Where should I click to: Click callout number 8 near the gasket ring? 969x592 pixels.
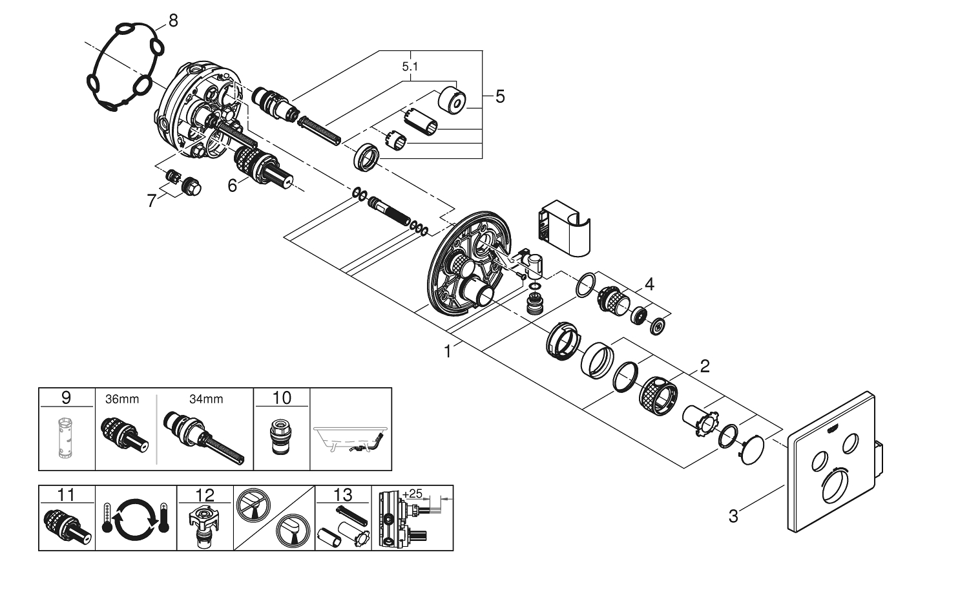[172, 21]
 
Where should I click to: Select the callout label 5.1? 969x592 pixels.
[410, 66]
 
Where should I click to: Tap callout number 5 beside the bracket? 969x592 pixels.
[500, 98]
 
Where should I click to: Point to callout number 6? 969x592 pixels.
[233, 185]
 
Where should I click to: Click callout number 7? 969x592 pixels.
[152, 201]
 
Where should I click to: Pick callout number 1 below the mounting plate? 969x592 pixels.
[447, 352]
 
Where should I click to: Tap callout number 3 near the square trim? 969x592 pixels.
[733, 516]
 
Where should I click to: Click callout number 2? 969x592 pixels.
[705, 366]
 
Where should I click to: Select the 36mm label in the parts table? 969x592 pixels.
[122, 399]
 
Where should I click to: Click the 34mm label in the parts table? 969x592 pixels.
[206, 399]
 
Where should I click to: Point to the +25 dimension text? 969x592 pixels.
[412, 494]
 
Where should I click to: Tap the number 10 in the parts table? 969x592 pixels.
[282, 397]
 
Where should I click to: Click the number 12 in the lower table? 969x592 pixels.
[205, 495]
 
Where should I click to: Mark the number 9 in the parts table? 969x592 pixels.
[67, 397]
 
